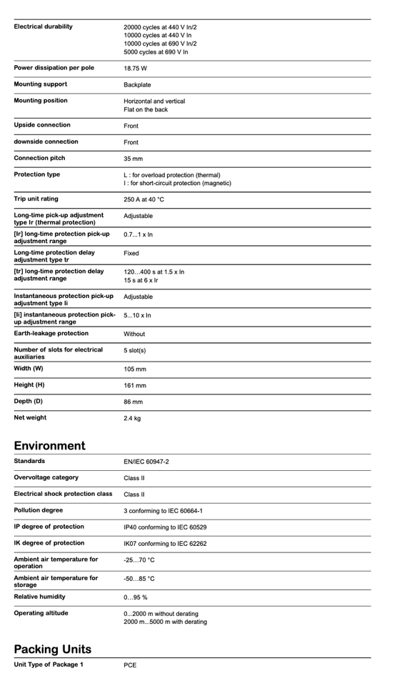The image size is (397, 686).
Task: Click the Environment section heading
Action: (x=49, y=445)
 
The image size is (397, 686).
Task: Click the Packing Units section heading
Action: (x=52, y=649)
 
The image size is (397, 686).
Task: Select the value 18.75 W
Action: (x=136, y=69)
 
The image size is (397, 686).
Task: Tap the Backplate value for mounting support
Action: (x=137, y=85)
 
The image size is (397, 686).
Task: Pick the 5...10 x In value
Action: (x=137, y=315)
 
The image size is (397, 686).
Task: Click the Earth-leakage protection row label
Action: (x=51, y=333)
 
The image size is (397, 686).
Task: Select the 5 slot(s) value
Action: (x=135, y=351)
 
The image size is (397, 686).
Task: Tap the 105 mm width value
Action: (x=135, y=369)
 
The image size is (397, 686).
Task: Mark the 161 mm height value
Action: (x=135, y=386)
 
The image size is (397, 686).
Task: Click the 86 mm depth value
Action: (x=133, y=402)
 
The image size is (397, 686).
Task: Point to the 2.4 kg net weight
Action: (x=132, y=418)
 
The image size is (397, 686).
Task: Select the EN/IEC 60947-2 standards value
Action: (x=146, y=462)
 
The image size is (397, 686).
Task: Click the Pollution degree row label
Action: (x=39, y=510)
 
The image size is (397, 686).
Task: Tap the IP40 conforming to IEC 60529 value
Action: (x=165, y=527)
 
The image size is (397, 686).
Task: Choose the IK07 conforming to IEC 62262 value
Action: (x=165, y=544)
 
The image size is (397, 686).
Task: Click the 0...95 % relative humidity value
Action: (x=136, y=597)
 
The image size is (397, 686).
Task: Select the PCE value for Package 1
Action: (x=130, y=665)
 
